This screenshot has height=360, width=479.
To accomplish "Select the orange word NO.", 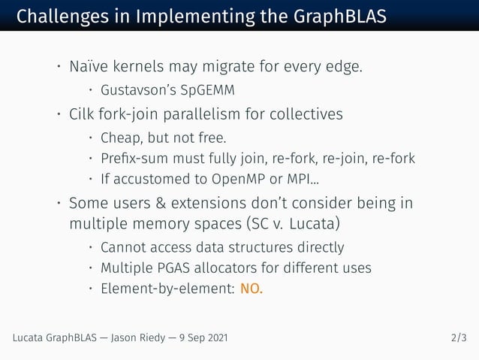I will point(252,289).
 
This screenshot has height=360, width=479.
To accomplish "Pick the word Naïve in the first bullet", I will point(88,68).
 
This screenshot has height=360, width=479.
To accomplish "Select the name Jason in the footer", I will point(126,338).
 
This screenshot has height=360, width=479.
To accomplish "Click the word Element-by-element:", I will point(167,289).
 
